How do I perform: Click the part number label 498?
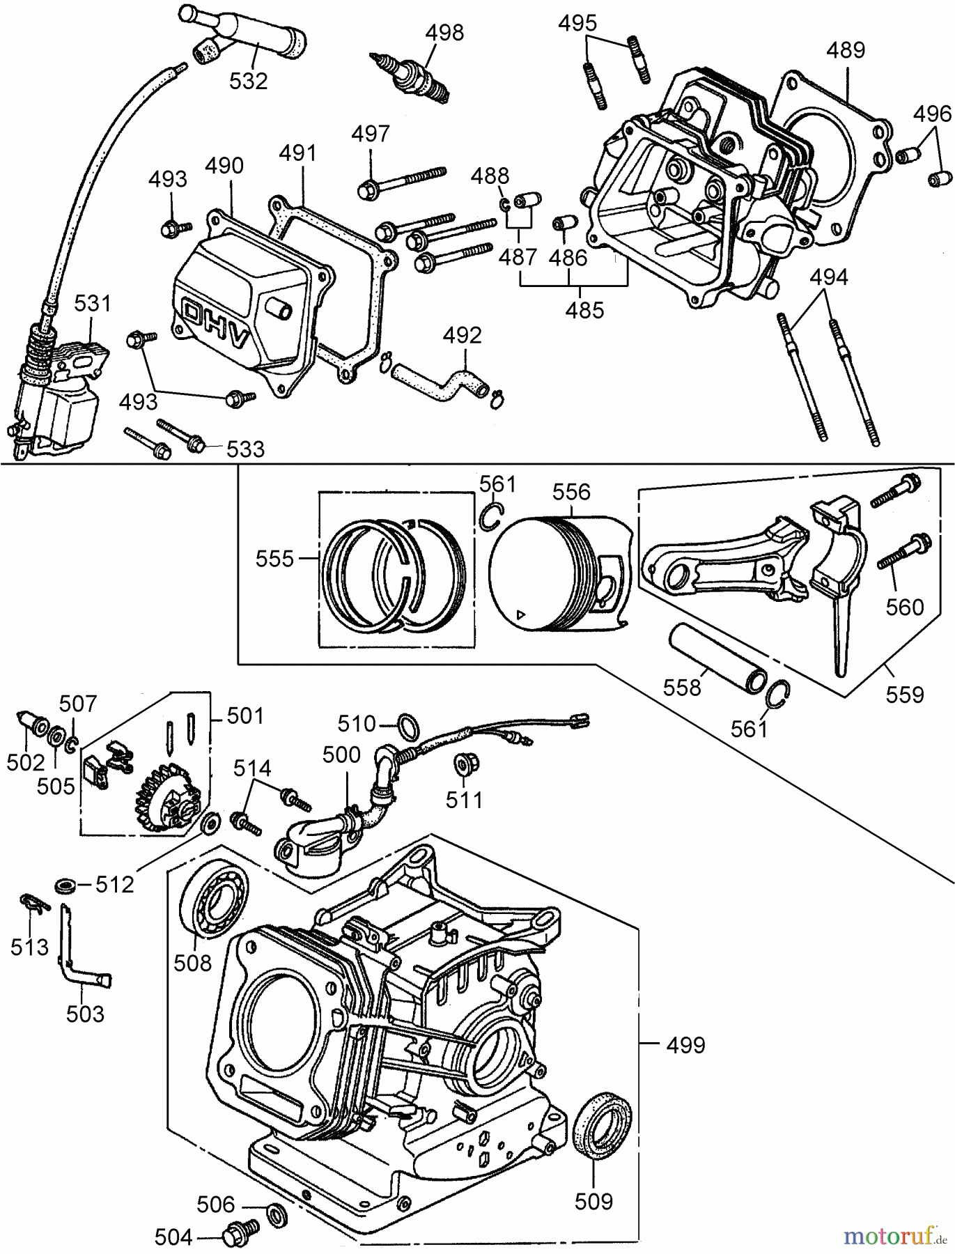[x=444, y=33]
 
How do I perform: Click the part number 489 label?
[x=846, y=50]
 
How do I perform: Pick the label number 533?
[x=245, y=449]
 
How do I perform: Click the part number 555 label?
[x=275, y=559]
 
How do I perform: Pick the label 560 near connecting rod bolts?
[x=904, y=607]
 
